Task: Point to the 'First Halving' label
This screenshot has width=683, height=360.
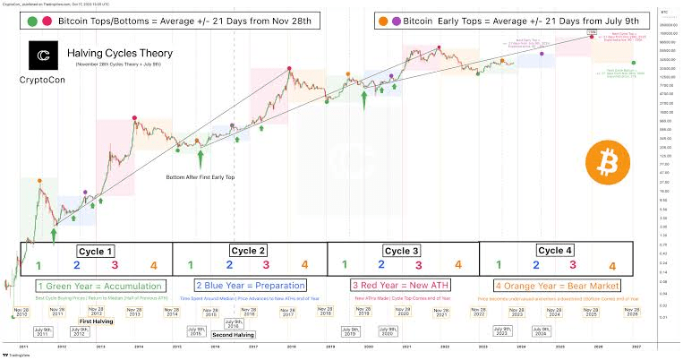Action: (x=97, y=321)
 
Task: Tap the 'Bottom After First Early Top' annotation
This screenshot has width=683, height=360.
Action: (x=201, y=177)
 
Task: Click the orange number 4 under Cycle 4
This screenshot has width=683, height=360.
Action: (x=611, y=266)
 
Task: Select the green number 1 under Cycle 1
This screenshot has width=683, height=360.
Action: (x=38, y=265)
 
